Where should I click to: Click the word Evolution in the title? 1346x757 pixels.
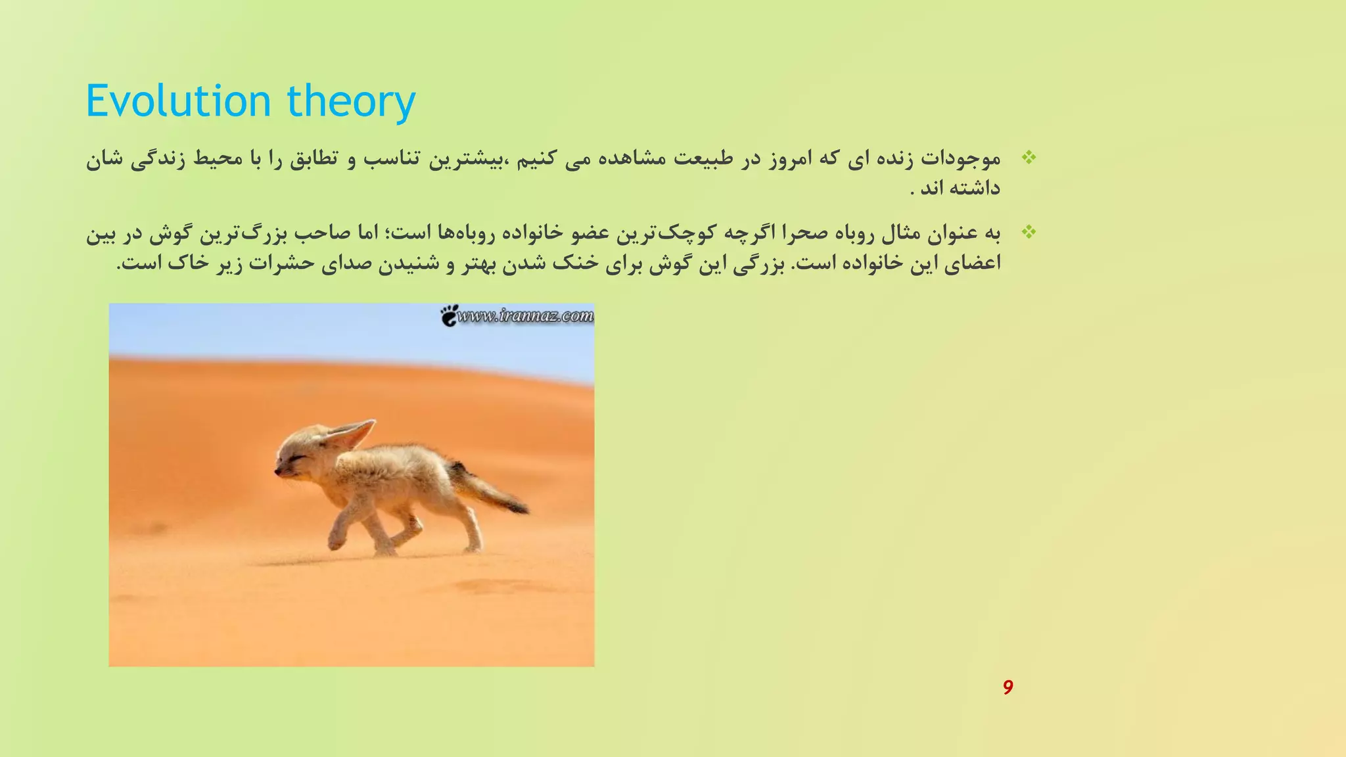tap(178, 101)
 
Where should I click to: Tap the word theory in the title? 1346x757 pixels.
tap(351, 103)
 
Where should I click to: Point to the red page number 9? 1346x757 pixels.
tap(1008, 687)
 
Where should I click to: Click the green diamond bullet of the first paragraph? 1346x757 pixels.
tap(1029, 158)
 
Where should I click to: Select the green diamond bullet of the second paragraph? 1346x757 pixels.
tap(1029, 232)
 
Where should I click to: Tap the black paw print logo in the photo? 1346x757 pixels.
tap(450, 315)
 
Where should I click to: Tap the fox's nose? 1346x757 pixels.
tap(277, 470)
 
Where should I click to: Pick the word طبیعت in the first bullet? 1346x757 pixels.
tap(696, 159)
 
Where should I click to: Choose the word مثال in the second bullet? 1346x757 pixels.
tap(906, 233)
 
